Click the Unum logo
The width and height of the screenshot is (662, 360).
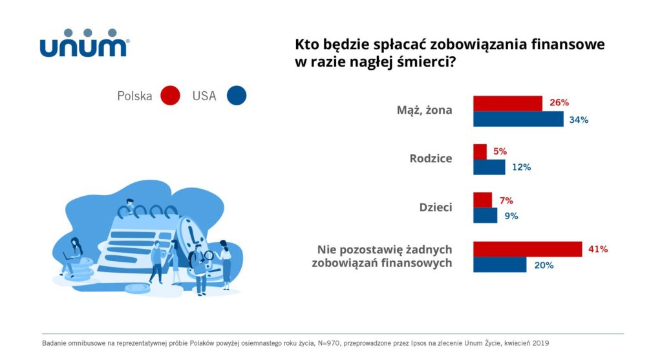click(84, 43)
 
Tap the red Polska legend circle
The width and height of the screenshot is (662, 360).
click(170, 96)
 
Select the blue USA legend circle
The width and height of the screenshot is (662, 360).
click(237, 96)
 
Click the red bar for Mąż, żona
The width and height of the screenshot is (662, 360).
click(507, 103)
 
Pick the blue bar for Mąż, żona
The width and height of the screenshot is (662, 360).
click(518, 119)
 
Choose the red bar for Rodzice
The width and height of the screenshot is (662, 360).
click(480, 152)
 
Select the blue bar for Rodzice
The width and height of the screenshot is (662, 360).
click(489, 167)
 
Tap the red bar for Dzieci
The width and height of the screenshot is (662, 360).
click(482, 200)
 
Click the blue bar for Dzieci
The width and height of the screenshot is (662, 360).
click(486, 215)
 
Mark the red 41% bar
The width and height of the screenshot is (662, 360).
click(528, 249)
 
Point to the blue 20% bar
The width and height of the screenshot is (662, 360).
click(500, 264)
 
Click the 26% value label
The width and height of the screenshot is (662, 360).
click(559, 103)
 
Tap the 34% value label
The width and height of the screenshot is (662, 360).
click(579, 120)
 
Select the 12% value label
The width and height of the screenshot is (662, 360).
click(521, 167)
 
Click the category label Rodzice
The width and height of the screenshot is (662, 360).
click(431, 158)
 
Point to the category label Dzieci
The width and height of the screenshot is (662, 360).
click(436, 207)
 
